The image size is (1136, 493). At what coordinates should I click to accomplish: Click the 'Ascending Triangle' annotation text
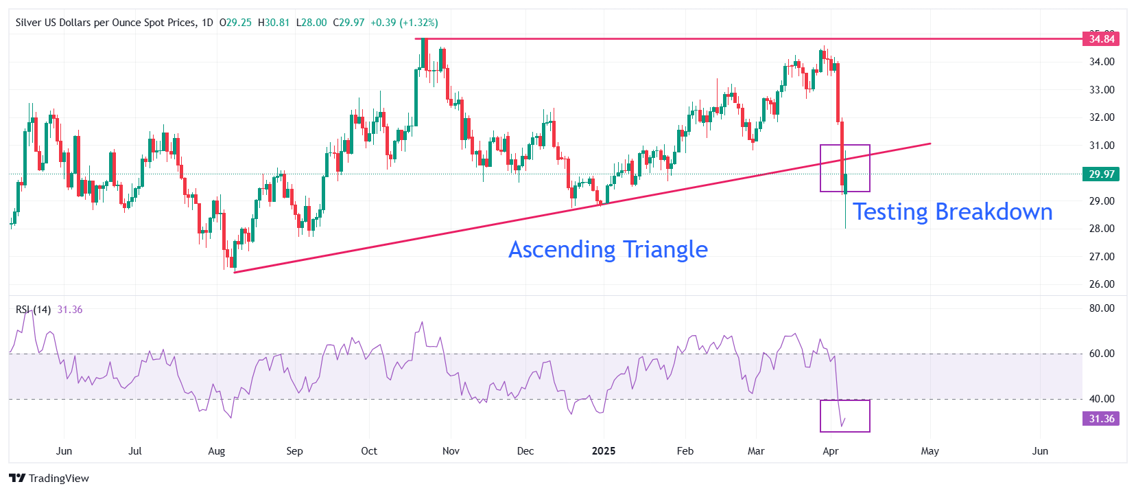[608, 249]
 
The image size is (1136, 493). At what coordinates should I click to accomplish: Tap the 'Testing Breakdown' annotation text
[952, 211]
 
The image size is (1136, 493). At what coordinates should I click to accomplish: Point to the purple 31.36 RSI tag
[1100, 418]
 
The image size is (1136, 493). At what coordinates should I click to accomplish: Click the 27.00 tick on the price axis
[1102, 256]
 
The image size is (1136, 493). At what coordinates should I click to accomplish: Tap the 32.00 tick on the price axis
[1102, 117]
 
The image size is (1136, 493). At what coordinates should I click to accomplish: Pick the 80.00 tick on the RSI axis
[1102, 308]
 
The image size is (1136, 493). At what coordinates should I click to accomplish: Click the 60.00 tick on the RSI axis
[1102, 354]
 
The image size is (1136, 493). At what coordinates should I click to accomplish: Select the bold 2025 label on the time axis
[604, 451]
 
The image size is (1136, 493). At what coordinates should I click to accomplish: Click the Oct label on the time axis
[369, 451]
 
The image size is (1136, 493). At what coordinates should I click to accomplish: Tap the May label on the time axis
[930, 451]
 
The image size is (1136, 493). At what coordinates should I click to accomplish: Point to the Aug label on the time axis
[217, 451]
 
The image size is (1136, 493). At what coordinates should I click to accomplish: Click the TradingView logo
[49, 478]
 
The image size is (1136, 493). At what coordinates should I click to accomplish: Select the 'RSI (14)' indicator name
[33, 310]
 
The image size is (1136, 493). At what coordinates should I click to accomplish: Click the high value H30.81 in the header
[274, 23]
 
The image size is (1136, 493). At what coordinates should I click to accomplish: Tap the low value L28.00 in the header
[311, 23]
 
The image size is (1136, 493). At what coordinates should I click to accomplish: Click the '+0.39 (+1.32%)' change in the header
[404, 23]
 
